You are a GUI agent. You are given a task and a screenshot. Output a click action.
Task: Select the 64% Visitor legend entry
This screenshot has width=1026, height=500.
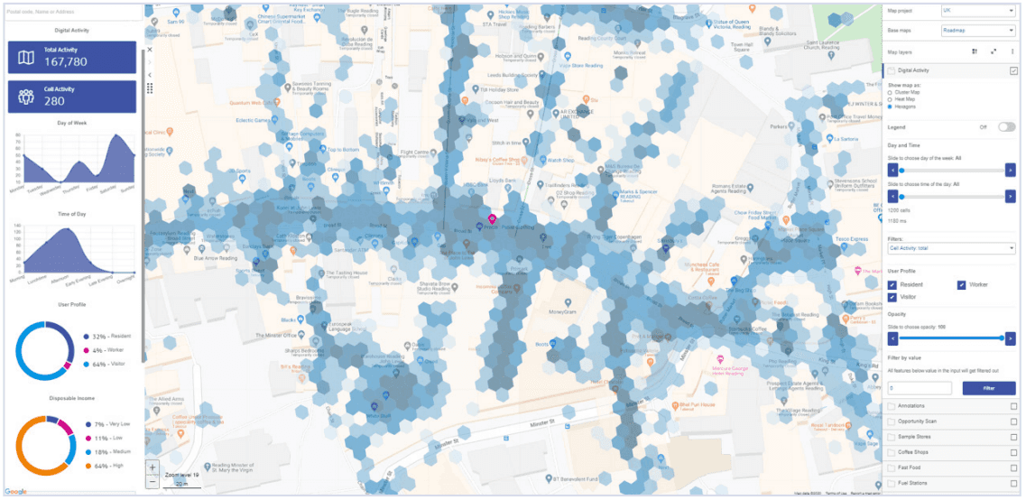coord(104,366)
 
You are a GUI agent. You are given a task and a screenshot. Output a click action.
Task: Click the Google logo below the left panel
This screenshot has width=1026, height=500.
coord(15,492)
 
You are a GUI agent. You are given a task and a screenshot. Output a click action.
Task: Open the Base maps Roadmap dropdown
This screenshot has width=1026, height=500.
coord(978,30)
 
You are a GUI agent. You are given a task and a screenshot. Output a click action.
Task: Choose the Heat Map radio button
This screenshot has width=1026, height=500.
coord(892,99)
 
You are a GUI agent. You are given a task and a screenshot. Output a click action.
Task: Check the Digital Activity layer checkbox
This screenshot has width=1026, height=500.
coord(1013,70)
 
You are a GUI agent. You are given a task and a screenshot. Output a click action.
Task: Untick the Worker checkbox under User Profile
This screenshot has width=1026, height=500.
coord(963,285)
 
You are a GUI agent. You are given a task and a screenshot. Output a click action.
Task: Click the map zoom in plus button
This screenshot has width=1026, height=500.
coord(153,468)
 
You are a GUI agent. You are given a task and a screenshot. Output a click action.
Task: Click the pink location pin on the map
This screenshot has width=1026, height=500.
coord(492,219)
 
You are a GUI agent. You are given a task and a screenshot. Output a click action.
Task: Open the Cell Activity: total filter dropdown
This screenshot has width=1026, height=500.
coord(951,248)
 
